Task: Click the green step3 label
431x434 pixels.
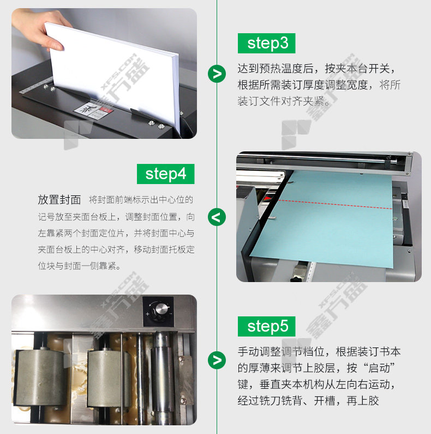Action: pyautogui.click(x=266, y=43)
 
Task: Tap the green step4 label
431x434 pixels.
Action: pyautogui.click(x=165, y=174)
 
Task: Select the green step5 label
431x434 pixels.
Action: pyautogui.click(x=266, y=326)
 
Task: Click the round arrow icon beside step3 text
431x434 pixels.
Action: pyautogui.click(x=217, y=74)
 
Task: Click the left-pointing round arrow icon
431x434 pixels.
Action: pyautogui.click(x=217, y=217)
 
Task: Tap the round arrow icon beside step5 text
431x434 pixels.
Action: pyautogui.click(x=217, y=360)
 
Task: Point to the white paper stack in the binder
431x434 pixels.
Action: pyautogui.click(x=113, y=75)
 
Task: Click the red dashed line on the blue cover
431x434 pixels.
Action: pyautogui.click(x=335, y=204)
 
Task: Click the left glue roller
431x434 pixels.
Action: pyautogui.click(x=41, y=378)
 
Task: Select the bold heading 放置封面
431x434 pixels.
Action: pyautogui.click(x=59, y=200)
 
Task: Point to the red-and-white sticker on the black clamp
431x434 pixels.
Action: pyautogui.click(x=94, y=110)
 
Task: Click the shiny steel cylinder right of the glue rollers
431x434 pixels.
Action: pyautogui.click(x=164, y=376)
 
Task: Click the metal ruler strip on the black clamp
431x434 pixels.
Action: pyautogui.click(x=36, y=85)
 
